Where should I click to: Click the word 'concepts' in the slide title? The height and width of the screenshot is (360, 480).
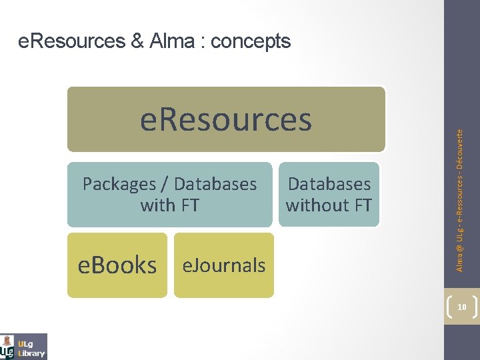[250, 41]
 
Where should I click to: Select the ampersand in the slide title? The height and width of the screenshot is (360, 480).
[137, 41]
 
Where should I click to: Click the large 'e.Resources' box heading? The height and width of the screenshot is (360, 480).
[226, 119]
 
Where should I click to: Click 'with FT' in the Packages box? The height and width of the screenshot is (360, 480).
[169, 205]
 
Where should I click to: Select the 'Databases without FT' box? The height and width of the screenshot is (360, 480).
[328, 195]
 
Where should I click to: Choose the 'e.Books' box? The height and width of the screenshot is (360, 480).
[117, 265]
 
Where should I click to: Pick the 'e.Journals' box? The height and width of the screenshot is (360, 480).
[224, 265]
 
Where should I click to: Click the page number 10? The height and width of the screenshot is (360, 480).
[461, 307]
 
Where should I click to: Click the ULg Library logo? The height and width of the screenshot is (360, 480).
[24, 346]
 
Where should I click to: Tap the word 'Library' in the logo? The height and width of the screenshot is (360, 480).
[32, 353]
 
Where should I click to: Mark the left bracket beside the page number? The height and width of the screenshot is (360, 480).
[450, 307]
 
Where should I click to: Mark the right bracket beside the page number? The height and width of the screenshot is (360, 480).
[473, 307]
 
